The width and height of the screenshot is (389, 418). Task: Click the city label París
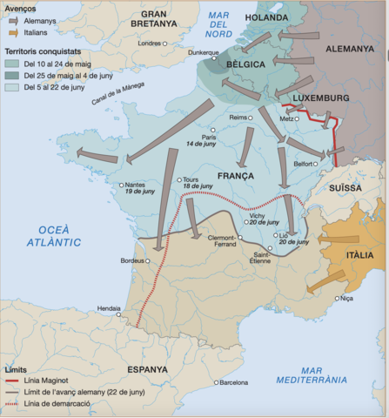209,136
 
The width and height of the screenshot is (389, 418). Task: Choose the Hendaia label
110,307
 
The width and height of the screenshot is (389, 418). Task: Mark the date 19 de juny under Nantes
115,191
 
